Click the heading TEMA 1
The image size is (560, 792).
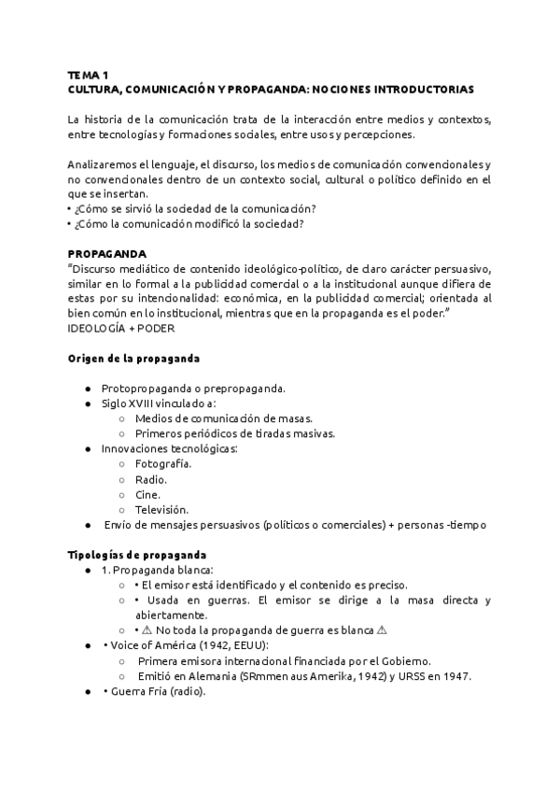click(x=89, y=74)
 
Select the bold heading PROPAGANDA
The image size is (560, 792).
click(x=106, y=253)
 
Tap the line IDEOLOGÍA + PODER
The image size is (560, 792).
click(x=121, y=329)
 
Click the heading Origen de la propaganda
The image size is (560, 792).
click(x=133, y=359)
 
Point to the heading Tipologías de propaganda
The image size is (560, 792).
click(x=137, y=555)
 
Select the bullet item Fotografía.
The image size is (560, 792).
click(x=163, y=464)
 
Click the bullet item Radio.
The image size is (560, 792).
click(x=151, y=479)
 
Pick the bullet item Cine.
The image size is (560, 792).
click(x=147, y=494)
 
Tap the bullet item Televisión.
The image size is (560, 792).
click(x=161, y=509)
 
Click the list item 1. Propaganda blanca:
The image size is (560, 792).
click(x=157, y=570)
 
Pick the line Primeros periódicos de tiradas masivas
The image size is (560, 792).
click(x=234, y=433)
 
